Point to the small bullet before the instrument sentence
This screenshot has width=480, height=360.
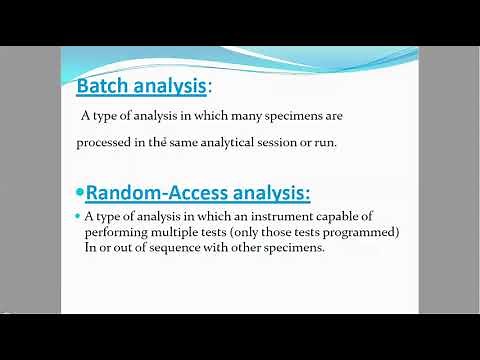(x=78, y=217)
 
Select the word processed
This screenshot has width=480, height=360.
(x=105, y=142)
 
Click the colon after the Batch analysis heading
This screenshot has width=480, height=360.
(x=210, y=88)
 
